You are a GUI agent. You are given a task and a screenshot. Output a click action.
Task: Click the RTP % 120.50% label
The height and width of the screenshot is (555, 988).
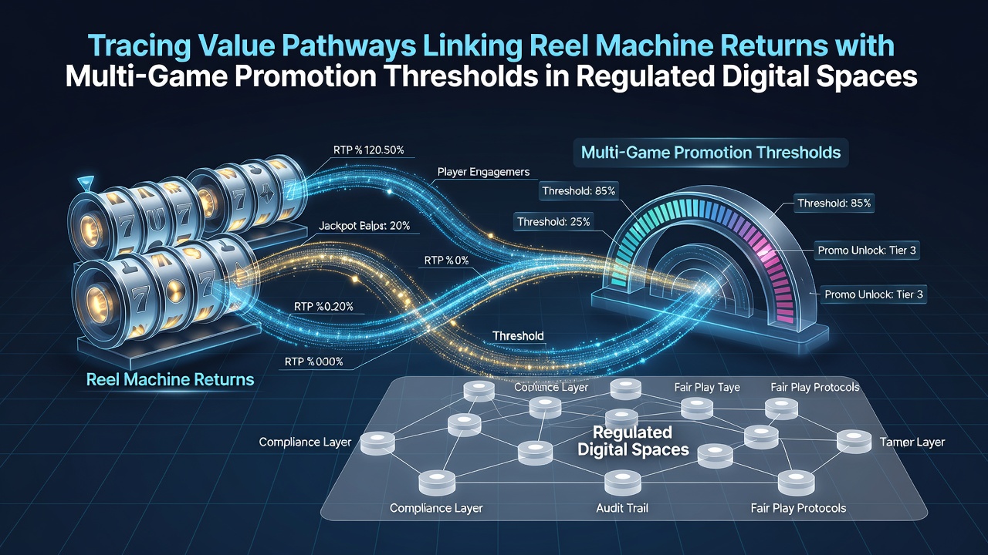click(x=369, y=150)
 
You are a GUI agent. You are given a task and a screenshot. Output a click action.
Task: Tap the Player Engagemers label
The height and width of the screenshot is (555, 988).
click(x=483, y=172)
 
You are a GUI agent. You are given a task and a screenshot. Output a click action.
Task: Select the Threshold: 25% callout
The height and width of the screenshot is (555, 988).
click(x=553, y=221)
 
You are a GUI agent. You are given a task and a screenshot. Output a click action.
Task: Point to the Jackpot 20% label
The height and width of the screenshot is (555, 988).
click(x=364, y=226)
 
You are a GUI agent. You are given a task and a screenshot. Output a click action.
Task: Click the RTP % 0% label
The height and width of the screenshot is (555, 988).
click(x=446, y=261)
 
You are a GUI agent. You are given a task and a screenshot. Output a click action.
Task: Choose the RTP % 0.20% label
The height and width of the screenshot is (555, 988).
click(x=323, y=307)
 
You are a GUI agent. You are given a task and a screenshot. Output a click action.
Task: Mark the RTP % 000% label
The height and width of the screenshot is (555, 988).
click(x=313, y=362)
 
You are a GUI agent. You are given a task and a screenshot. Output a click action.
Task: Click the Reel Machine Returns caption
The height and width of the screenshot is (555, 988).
click(x=171, y=380)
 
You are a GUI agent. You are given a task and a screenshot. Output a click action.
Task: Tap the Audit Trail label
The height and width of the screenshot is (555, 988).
click(x=622, y=508)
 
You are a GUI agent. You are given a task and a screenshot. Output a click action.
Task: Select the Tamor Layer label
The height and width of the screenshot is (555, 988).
click(x=912, y=442)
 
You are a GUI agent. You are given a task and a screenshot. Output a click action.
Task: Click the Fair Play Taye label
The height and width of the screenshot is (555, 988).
click(x=707, y=387)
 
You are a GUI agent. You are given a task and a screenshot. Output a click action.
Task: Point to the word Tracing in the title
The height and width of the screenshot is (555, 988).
click(x=140, y=46)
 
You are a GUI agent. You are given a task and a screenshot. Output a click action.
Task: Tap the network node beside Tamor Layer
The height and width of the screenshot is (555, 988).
click(x=854, y=442)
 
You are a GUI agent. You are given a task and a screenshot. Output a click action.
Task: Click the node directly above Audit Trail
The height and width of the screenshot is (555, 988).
click(x=622, y=483)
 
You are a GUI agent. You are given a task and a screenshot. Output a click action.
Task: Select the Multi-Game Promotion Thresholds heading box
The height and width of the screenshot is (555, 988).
click(x=711, y=153)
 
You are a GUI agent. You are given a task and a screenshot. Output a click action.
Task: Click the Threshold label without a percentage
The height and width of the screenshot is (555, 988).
click(x=518, y=336)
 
